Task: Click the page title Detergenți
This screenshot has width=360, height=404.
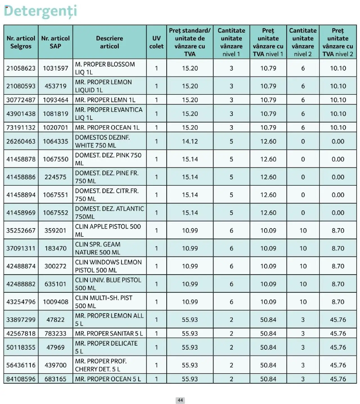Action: pos(40,11)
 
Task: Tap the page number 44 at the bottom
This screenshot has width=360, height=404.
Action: pos(180,400)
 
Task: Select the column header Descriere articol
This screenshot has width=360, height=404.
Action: pos(109,42)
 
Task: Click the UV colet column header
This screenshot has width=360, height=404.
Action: pos(156,42)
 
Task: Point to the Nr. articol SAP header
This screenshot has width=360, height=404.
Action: pos(55,42)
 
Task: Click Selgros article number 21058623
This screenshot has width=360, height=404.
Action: pos(21,68)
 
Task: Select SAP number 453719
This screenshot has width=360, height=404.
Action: pos(55,86)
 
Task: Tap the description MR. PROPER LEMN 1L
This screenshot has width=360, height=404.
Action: pos(105,100)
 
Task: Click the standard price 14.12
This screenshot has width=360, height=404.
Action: pos(190,141)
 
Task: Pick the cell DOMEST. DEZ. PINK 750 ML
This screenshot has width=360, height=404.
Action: pos(108,159)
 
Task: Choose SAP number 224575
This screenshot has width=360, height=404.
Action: pos(55,177)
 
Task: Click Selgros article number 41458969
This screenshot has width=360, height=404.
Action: pos(21,213)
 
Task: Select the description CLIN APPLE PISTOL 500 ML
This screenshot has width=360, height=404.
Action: pos(108,230)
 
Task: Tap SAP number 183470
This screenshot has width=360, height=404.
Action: pos(55,248)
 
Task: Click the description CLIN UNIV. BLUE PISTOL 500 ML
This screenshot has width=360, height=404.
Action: pos(108,284)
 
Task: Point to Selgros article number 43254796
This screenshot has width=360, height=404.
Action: pos(21,302)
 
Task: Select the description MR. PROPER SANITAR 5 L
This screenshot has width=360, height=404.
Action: pos(109,333)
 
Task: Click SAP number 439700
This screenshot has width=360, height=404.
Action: pos(55,365)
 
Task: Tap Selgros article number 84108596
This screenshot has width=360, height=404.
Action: pos(21,379)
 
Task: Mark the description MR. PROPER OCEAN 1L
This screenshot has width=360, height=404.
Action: pos(107,128)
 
